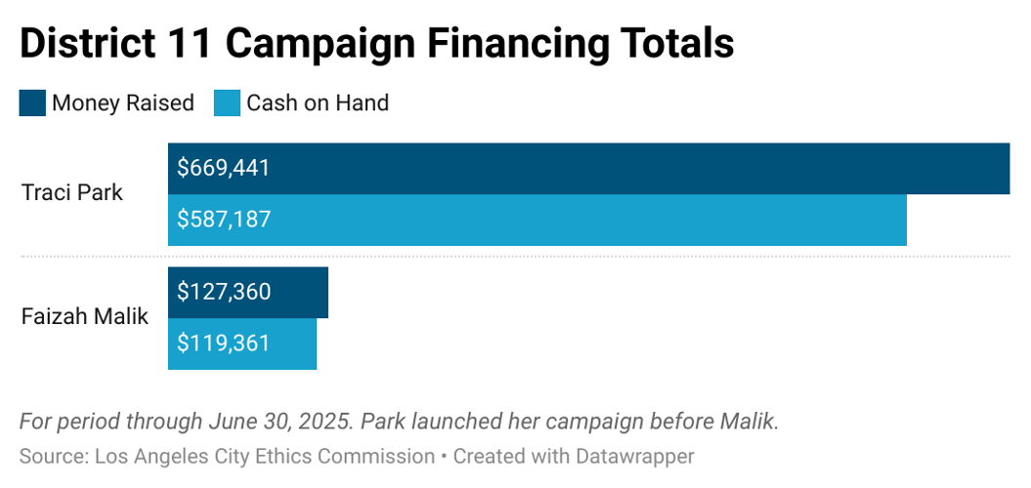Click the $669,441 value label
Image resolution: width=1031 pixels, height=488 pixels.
pos(223,168)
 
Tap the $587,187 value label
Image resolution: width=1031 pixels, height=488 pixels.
pos(223,220)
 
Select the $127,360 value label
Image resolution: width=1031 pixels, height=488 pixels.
pos(224,292)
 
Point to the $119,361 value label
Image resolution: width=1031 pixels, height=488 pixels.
pos(223,344)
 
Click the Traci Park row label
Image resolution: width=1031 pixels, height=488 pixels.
pos(72,192)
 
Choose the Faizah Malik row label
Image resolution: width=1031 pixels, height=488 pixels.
pos(85,316)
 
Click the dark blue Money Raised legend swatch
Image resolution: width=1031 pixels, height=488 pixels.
pos(32,102)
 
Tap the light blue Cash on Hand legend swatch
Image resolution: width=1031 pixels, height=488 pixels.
pos(227,102)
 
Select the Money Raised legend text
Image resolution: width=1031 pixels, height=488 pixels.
pos(123,102)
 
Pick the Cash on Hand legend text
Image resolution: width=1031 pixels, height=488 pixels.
pos(318,102)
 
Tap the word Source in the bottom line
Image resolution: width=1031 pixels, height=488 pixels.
pos(50,456)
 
